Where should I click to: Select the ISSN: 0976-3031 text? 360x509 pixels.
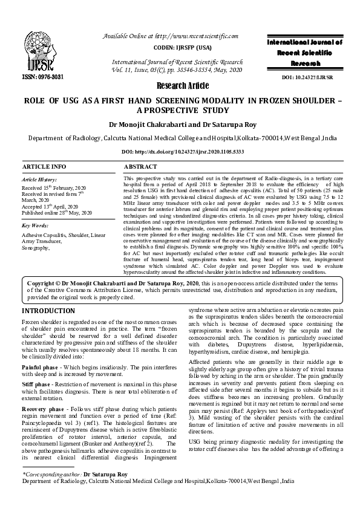tap(43, 77)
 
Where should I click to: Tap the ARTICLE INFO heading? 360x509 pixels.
tap(45, 166)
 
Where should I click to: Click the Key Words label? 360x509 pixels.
tap(36, 225)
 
